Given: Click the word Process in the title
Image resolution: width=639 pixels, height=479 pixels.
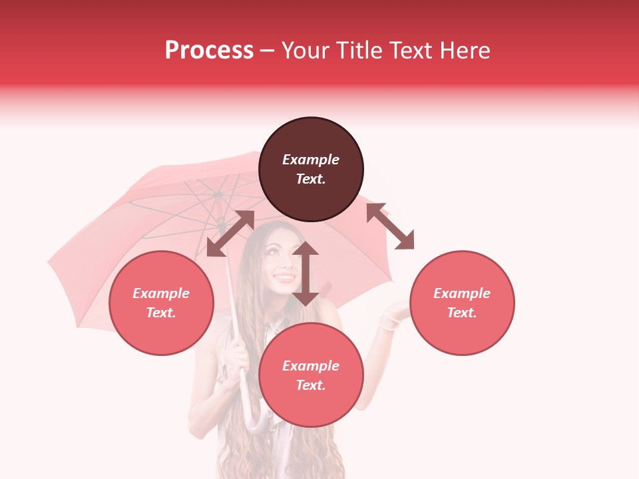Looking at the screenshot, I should pos(209,51).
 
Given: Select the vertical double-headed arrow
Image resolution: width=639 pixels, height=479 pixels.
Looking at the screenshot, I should pos(306,273).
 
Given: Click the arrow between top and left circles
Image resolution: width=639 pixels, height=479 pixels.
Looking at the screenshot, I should pos(230,234).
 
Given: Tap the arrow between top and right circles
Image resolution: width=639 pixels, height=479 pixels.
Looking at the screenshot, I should pos(390,226).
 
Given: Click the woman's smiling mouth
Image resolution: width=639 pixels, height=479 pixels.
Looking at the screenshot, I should pos(284,277).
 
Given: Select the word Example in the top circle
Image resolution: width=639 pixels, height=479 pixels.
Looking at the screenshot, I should pos(311,160).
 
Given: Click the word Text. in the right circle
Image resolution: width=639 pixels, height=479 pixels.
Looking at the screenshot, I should pos(462,313).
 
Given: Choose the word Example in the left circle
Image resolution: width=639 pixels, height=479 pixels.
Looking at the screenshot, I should pos(161,293).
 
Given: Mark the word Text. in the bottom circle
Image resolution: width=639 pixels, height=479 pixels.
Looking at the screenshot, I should pos(311,385).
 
